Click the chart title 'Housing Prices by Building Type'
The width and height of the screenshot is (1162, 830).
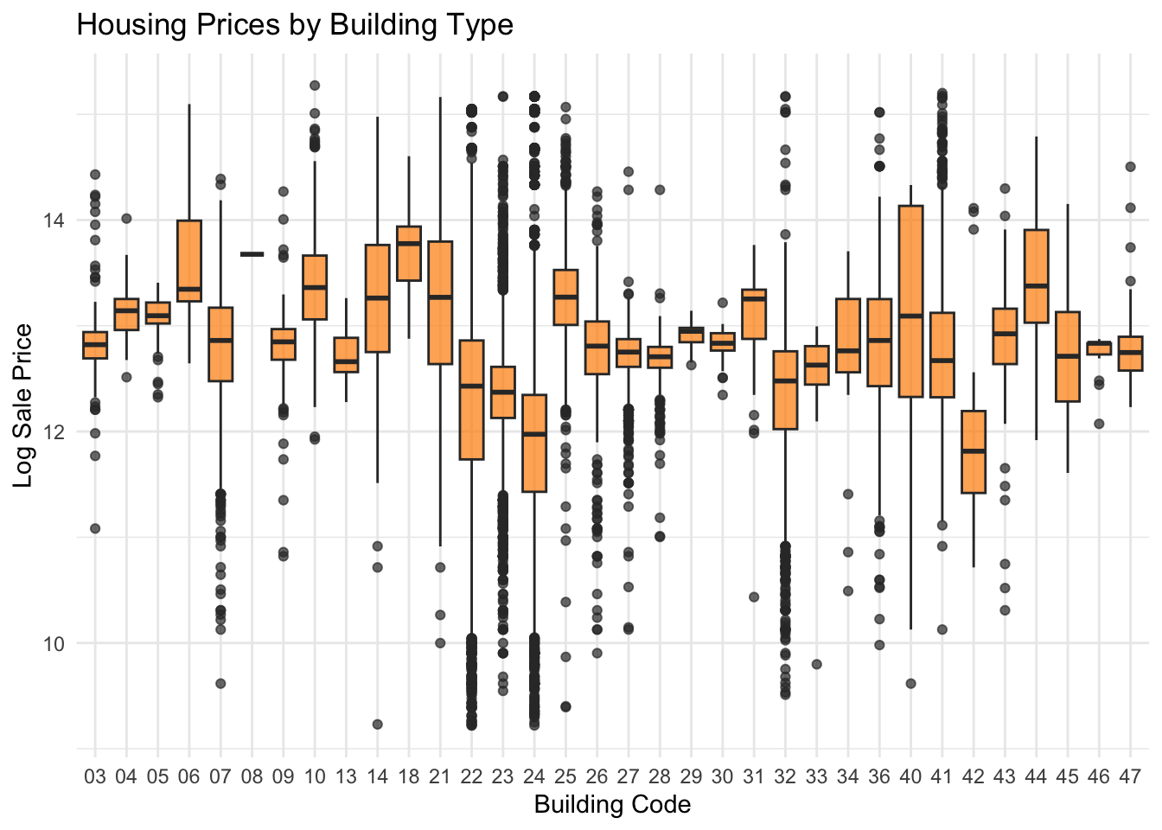295,24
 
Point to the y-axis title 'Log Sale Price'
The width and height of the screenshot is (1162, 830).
23,405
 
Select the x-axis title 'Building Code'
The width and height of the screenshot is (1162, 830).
612,805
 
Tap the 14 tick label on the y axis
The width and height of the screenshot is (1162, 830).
54,220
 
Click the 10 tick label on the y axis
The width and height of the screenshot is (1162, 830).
54,643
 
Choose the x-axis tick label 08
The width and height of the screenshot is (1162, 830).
252,776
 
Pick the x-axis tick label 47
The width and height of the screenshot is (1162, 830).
1130,776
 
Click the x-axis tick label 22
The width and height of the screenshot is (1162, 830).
471,776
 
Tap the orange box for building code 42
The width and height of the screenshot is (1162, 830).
974,451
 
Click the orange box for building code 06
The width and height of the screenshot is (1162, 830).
189,261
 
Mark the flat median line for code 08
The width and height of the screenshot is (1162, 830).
252,254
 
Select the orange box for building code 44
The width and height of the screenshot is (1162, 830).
1036,276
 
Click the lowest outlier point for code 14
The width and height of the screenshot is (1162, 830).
377,725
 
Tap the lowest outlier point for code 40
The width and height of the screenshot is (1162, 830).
910,684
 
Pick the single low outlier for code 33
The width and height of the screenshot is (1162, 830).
816,664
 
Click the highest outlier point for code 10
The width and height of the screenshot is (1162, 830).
315,86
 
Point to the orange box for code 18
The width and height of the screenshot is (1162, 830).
408,253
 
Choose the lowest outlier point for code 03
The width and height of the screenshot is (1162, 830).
95,528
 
